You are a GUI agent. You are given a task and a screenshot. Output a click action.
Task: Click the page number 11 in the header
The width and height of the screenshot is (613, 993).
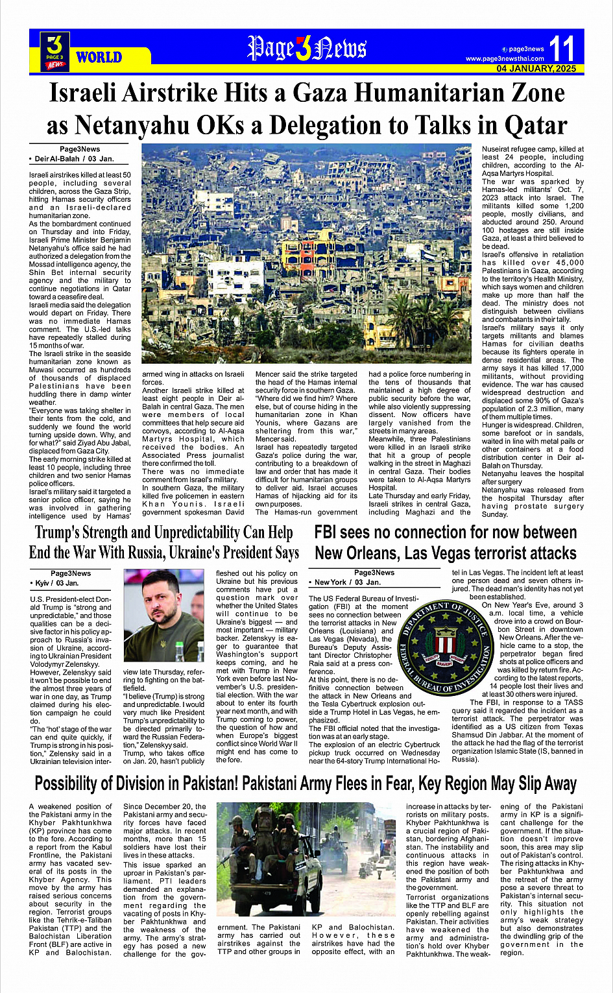(x=562, y=49)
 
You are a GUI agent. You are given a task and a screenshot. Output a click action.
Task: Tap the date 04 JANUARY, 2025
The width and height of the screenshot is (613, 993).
(x=536, y=69)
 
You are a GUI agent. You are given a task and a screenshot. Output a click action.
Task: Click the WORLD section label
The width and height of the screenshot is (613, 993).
(x=99, y=58)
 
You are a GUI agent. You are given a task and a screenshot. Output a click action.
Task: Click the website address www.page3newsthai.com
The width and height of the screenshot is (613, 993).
(x=505, y=59)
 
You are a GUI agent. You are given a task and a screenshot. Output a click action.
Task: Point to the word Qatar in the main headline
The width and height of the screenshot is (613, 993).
(x=529, y=125)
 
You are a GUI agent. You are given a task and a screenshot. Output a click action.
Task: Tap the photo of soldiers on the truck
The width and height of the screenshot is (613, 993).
(x=306, y=859)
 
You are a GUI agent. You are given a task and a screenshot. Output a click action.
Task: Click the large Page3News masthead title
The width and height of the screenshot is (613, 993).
(x=306, y=49)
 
